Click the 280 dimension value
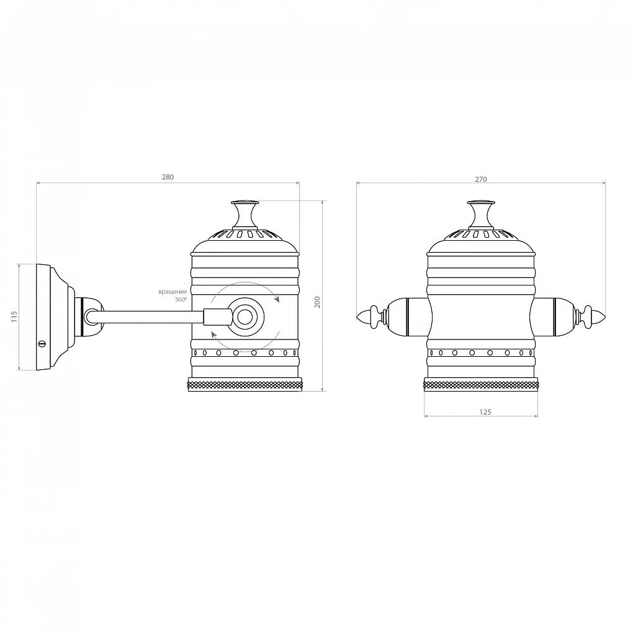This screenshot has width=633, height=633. pos(168,177)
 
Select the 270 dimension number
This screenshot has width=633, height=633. pos(481,179)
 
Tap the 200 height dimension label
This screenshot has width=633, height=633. pos(317,302)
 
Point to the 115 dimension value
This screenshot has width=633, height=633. pos(14,316)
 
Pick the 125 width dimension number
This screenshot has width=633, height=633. pos(485,412)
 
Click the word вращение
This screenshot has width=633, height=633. pos(173,292)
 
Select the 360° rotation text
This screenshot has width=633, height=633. pos(181,300)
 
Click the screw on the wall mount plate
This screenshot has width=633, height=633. pos(42,344)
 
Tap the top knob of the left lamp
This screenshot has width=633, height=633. pos(245,214)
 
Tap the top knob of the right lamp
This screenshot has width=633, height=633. pos(481,214)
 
